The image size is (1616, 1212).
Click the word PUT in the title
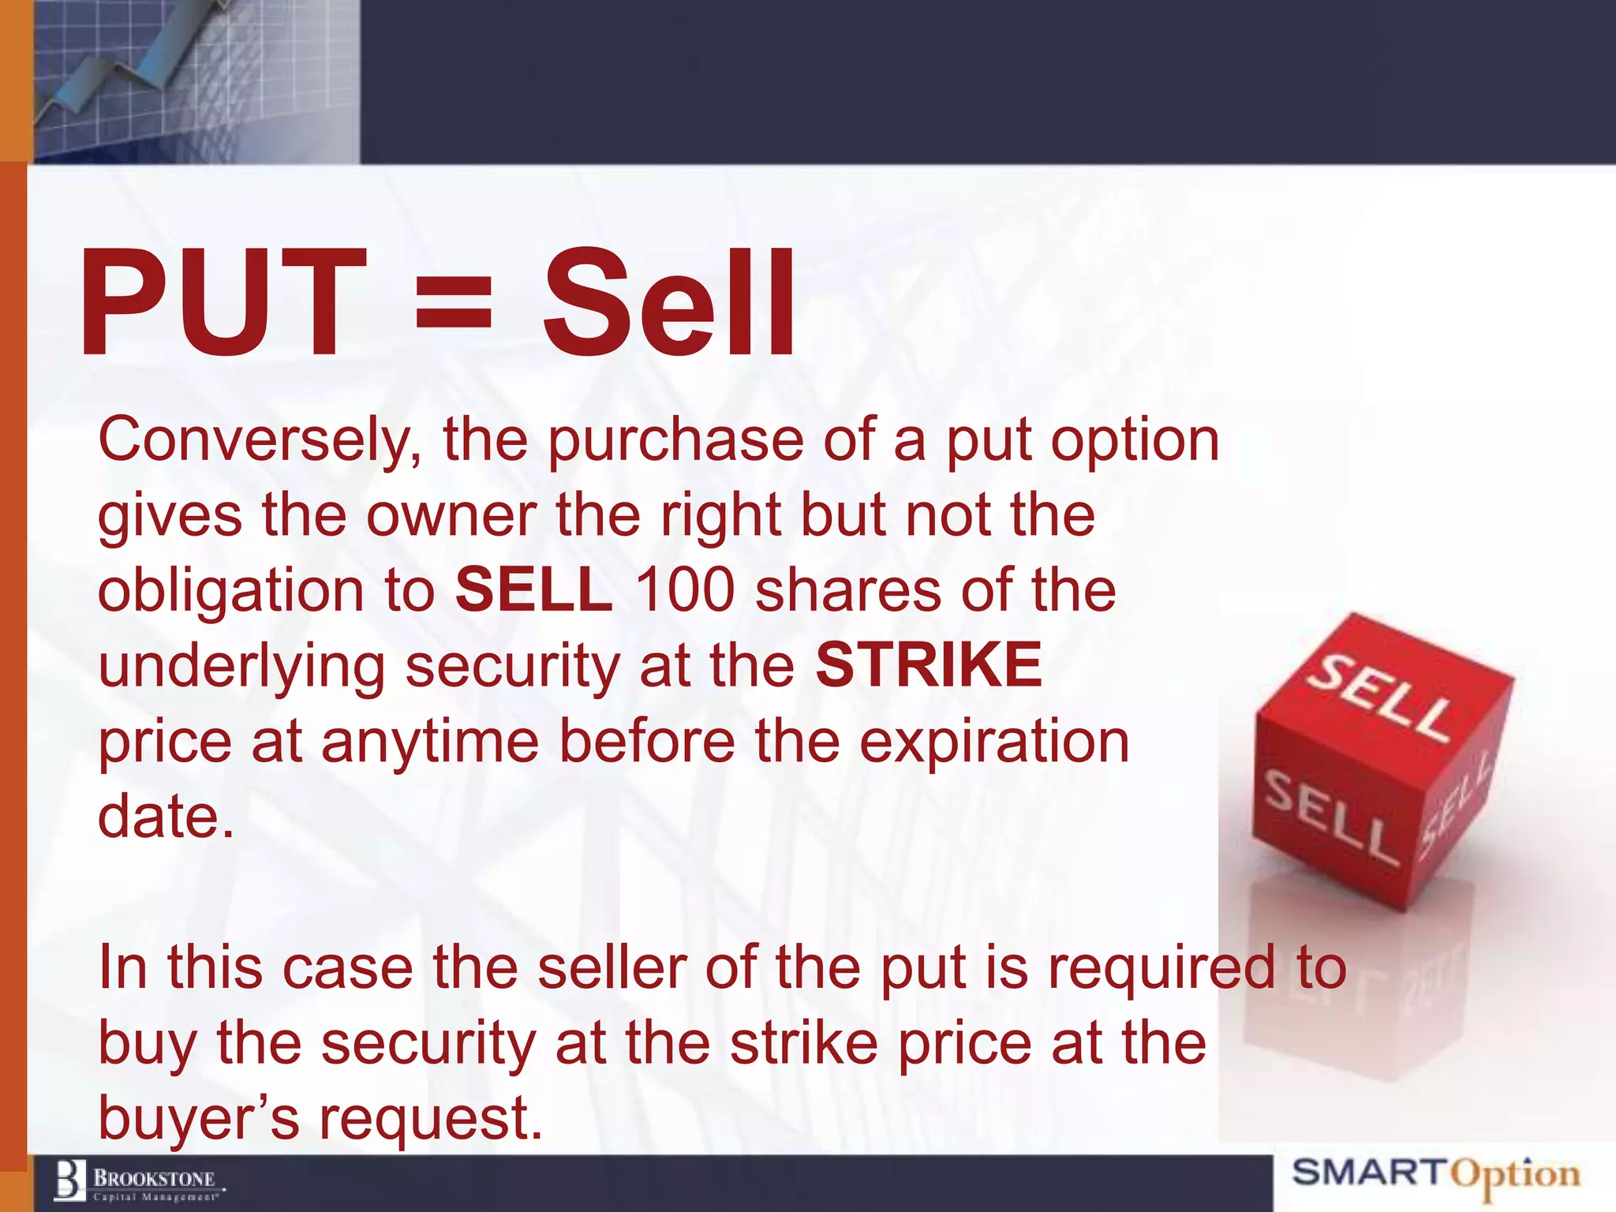[x=223, y=304]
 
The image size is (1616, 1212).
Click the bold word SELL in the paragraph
[x=534, y=590]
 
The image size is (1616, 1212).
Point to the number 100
[x=685, y=590]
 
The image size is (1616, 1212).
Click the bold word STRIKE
[x=929, y=665]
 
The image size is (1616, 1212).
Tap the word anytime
[x=429, y=743]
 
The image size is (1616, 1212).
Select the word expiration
[x=993, y=743]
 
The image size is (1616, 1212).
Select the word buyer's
[x=199, y=1119]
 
